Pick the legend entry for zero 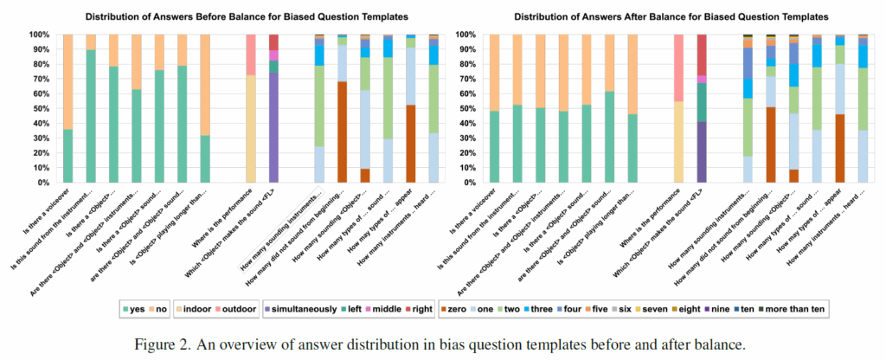[455, 310]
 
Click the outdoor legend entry [252, 310]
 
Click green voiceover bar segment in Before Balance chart [68, 156]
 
